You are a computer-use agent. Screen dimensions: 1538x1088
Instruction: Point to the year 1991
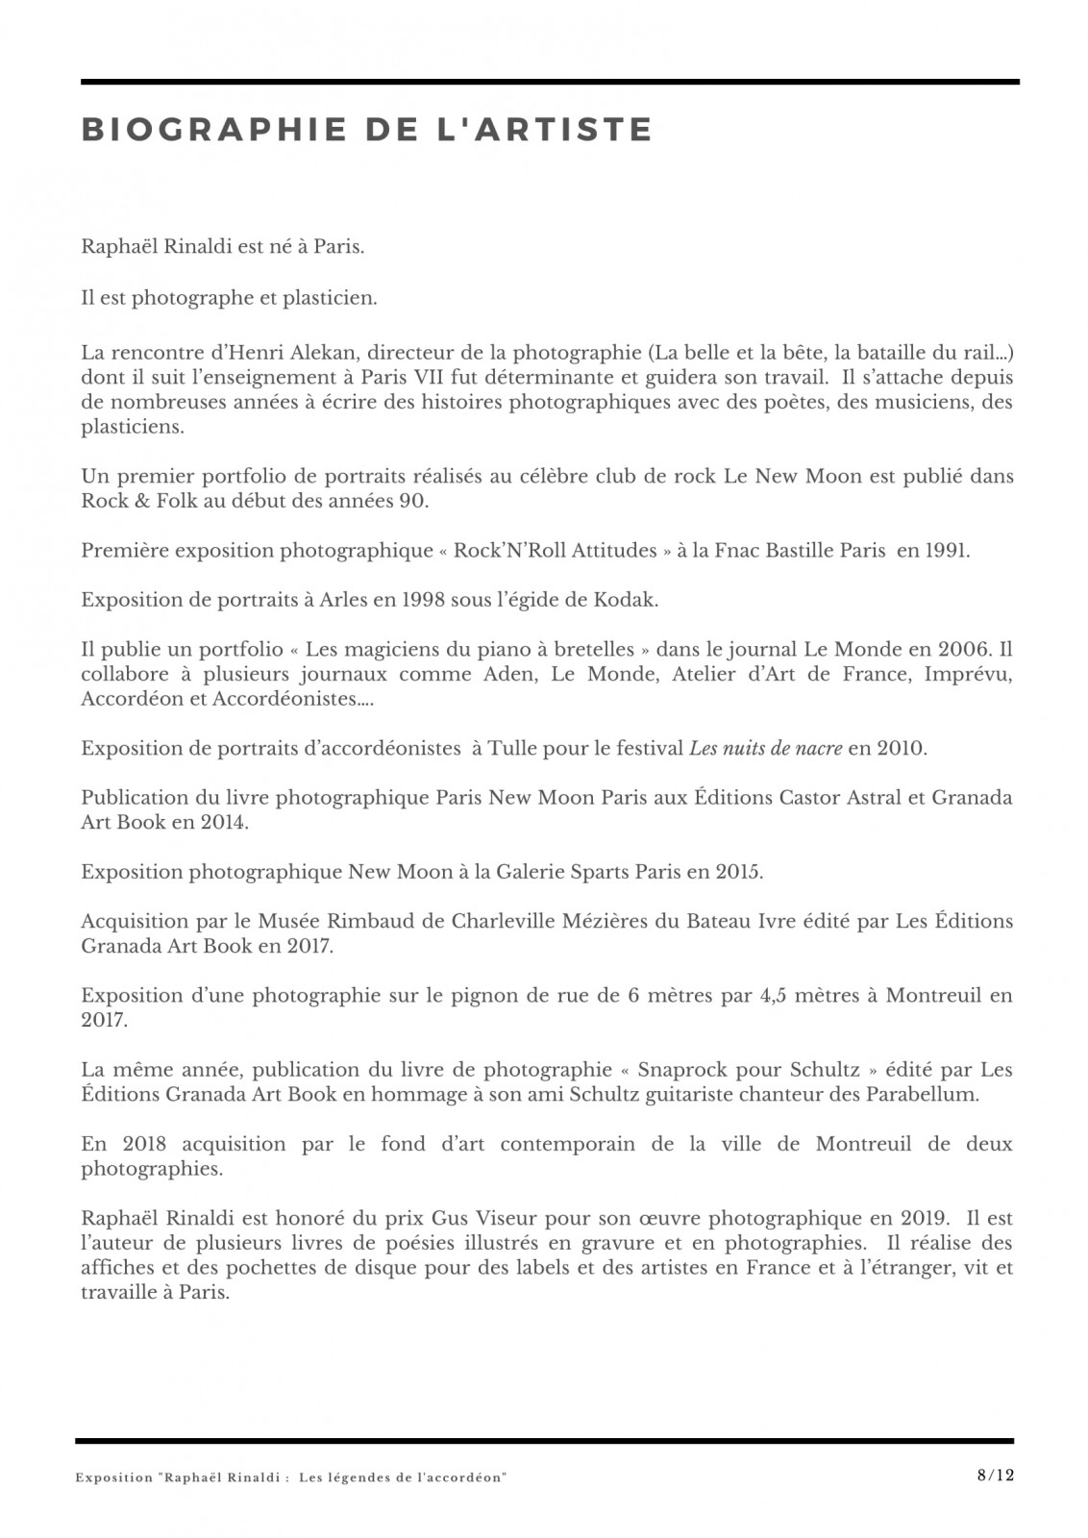click(946, 551)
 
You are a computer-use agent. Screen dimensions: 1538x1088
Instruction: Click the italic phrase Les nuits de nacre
click(766, 748)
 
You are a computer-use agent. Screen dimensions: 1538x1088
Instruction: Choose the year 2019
click(921, 1219)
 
